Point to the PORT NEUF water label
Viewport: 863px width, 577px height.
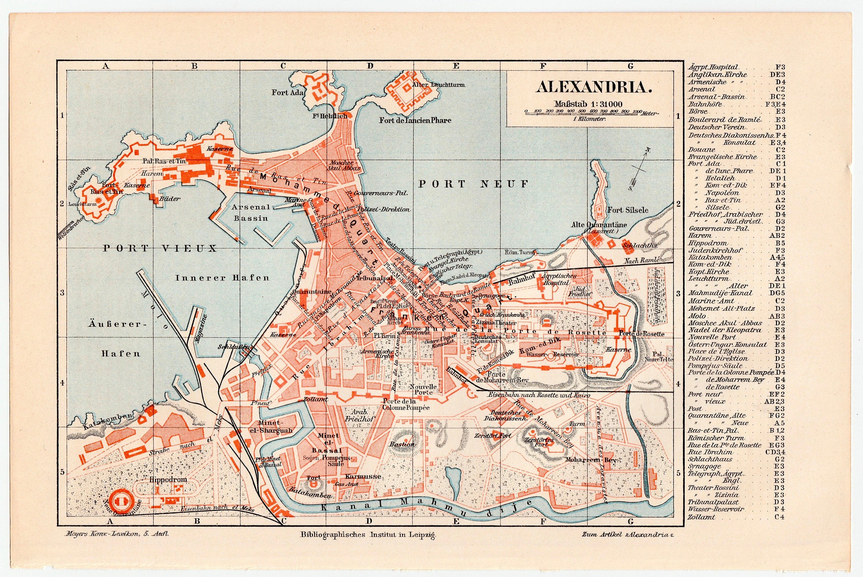point(473,184)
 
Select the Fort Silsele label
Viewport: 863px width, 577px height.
point(627,210)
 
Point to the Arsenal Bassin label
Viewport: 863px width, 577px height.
point(251,213)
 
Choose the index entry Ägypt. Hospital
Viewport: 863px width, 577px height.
point(713,67)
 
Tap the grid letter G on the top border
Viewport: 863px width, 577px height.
point(630,66)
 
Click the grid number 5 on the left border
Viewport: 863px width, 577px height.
point(62,472)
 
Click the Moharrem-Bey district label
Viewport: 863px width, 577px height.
point(590,460)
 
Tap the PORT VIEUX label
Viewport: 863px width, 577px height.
point(160,249)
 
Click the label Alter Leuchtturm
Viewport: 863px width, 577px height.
point(439,85)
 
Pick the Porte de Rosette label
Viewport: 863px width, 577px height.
point(641,334)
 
